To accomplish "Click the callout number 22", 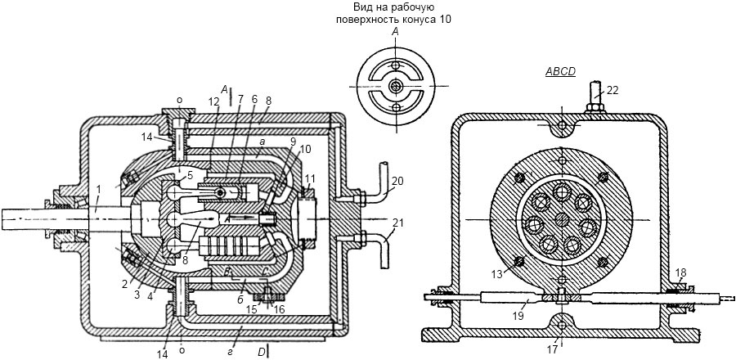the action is [x=612, y=92].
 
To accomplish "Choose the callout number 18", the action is [x=681, y=273].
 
